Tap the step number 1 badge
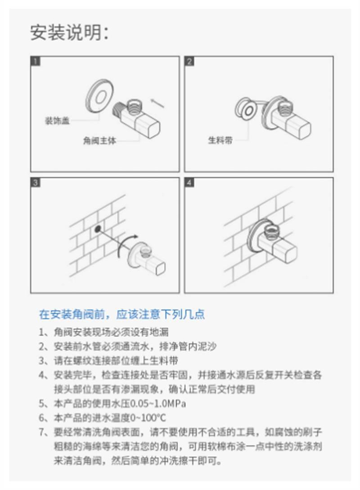point(36,61)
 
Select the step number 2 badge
point(189,61)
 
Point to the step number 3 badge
point(36,182)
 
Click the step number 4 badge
point(189,182)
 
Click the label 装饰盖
point(57,120)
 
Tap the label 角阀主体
point(99,141)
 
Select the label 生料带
point(220,140)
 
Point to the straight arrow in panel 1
point(157,103)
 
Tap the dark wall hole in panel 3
point(98,229)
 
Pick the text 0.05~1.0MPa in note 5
point(157,403)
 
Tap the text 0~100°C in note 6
point(148,418)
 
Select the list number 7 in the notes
point(42,432)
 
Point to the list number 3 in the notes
point(42,361)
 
